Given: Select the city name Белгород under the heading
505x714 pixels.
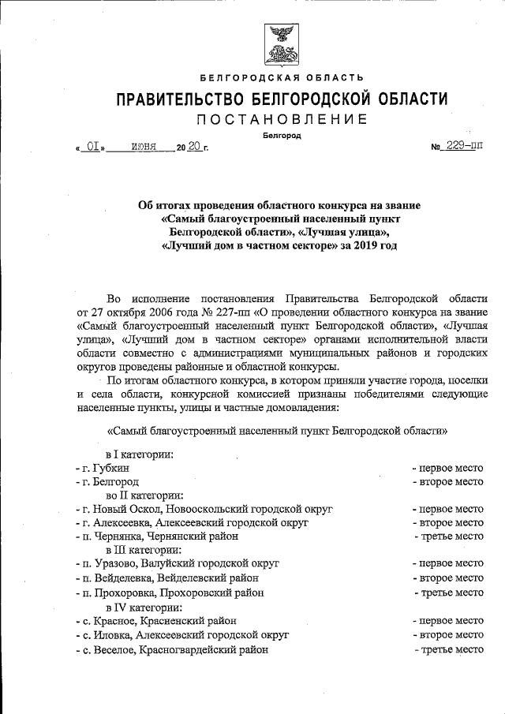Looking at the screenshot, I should click(x=281, y=135).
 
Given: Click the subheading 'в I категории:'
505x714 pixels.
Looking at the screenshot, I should click(x=140, y=454).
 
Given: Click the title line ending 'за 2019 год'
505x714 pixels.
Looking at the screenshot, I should click(x=279, y=245).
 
